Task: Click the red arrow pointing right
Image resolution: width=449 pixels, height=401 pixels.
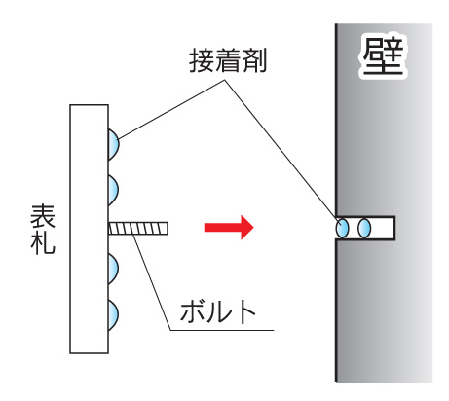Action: (229, 227)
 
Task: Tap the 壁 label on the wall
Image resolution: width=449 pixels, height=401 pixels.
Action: (383, 55)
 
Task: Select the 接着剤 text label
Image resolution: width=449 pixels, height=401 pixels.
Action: (228, 60)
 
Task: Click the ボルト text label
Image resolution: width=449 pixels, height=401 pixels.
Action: (218, 311)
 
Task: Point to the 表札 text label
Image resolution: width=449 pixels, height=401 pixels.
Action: (43, 230)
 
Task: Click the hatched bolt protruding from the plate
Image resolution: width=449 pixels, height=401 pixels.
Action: (138, 228)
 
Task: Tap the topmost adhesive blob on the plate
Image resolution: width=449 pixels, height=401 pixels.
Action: (113, 144)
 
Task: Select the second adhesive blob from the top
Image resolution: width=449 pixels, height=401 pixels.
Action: (113, 190)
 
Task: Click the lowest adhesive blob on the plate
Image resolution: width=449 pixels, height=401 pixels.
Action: (113, 314)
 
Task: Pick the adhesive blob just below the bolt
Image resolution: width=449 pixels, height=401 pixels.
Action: (113, 269)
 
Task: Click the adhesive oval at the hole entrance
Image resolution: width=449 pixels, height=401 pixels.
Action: (342, 228)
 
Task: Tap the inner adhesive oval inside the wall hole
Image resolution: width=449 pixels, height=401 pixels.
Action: (364, 228)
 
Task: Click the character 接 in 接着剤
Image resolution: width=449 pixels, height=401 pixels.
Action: (202, 60)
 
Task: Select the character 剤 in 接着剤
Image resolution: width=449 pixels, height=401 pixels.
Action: (254, 60)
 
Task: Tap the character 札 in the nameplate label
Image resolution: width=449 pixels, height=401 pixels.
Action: (43, 242)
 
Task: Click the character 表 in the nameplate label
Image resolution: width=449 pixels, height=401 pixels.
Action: (43, 216)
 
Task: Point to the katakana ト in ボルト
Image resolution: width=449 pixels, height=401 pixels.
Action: (245, 311)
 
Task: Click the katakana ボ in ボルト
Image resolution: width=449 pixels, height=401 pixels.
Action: (192, 311)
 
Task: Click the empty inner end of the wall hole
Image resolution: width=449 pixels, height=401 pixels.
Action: (383, 228)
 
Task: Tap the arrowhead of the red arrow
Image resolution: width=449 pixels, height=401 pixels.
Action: (246, 227)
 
